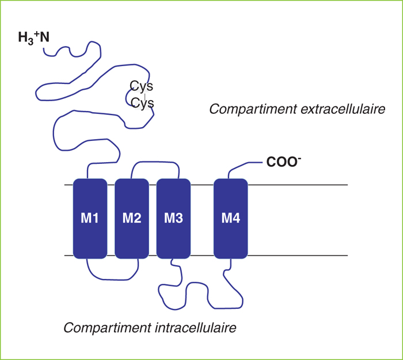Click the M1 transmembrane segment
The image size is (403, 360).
pyautogui.click(x=90, y=219)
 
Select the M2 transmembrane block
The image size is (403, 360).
pyautogui.click(x=132, y=219)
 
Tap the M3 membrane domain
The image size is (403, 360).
pyautogui.click(x=173, y=219)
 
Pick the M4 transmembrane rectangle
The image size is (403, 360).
pyautogui.click(x=230, y=219)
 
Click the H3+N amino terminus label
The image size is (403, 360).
pyautogui.click(x=33, y=38)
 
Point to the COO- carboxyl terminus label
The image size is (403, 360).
pyautogui.click(x=283, y=162)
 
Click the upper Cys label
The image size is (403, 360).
pyautogui.click(x=142, y=86)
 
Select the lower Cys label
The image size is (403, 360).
pyautogui.click(x=142, y=103)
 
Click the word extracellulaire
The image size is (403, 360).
pyautogui.click(x=343, y=109)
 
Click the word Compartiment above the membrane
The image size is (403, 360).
pyautogui.click(x=253, y=109)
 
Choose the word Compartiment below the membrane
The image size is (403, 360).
pyautogui.click(x=108, y=328)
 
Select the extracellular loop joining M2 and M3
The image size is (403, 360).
pyautogui.click(x=155, y=162)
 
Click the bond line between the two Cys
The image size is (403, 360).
pyautogui.click(x=145, y=97)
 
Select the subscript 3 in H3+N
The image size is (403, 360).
pyautogui.click(x=31, y=41)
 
